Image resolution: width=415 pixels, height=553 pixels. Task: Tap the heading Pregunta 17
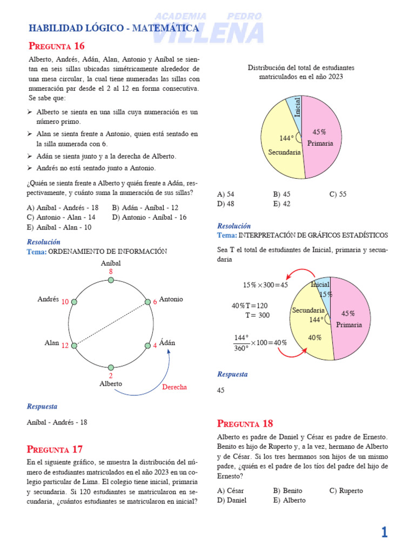tap(55, 449)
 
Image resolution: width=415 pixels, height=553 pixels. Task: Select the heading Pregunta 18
tap(245, 423)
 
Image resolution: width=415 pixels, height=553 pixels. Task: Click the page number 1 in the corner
tap(384, 533)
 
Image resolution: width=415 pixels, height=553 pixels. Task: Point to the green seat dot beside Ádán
tap(147, 345)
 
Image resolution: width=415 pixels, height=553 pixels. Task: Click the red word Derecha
tap(175, 387)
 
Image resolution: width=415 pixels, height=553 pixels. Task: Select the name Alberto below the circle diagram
tap(111, 383)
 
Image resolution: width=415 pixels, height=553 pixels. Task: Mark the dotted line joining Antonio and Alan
tap(111, 323)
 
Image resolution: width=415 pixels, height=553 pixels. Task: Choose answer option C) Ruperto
tap(346, 490)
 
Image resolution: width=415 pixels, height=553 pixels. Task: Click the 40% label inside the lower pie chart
tap(314, 338)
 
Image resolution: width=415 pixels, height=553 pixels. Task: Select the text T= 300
tap(258, 315)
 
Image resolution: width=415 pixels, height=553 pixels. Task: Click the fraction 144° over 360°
tap(241, 343)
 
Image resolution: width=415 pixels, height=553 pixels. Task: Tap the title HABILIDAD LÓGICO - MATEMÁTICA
tap(113, 28)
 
